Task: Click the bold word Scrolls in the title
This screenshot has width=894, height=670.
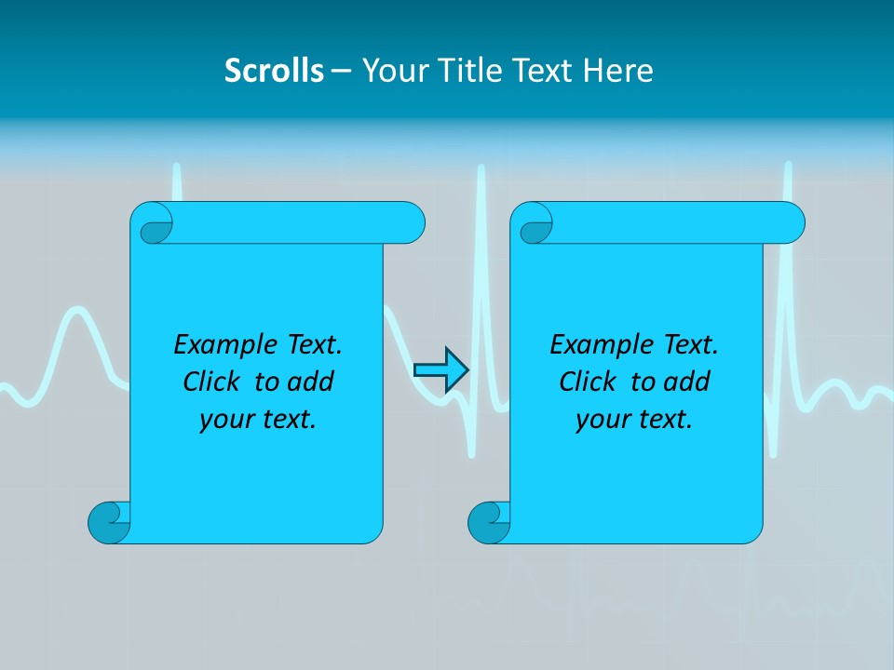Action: pos(274,71)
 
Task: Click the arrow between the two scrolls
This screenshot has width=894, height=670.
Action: pos(440,370)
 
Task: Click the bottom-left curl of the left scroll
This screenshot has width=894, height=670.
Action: pos(110,522)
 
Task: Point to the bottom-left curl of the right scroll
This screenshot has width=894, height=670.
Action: pos(489,522)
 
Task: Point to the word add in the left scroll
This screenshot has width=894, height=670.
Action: pos(312,382)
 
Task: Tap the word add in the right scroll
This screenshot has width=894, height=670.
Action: pos(688,382)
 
